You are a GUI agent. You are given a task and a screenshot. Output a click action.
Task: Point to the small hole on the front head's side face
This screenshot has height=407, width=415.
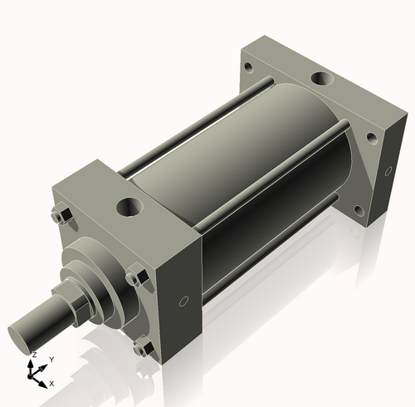pos(184,301)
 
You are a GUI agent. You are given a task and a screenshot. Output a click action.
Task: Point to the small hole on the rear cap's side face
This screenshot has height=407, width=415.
pos(387,171)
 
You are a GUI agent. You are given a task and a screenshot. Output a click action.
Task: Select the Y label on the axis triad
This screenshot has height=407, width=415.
pos(51,359)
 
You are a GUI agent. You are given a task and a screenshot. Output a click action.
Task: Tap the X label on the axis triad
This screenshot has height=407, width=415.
pos(51,383)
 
